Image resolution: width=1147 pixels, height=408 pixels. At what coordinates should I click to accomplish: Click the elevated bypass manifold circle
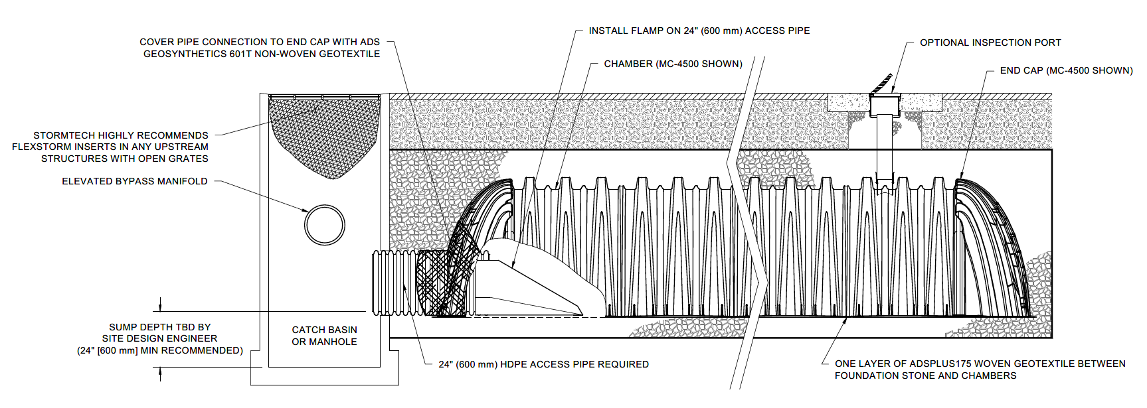(x=324, y=225)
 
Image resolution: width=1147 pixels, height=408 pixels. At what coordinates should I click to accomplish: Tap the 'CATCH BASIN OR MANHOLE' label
(x=324, y=336)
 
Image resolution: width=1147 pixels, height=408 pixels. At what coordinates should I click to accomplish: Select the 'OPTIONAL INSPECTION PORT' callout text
(x=990, y=42)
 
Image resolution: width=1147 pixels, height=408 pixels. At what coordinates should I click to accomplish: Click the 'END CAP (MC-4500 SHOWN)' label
(x=1066, y=70)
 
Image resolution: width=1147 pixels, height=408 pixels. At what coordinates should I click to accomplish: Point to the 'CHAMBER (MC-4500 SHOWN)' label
(x=673, y=64)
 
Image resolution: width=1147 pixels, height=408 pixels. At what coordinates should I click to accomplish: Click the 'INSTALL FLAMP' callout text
(x=699, y=31)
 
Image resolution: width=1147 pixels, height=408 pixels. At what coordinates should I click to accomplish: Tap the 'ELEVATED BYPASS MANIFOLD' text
(x=134, y=181)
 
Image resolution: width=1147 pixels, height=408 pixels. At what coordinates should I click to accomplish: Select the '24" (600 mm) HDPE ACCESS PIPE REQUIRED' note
(x=543, y=364)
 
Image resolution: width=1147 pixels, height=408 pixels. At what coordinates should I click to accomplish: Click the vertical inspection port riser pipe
(x=884, y=149)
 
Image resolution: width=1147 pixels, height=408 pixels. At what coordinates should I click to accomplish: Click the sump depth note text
(x=159, y=338)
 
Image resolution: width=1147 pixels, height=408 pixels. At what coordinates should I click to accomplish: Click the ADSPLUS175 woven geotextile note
(x=980, y=370)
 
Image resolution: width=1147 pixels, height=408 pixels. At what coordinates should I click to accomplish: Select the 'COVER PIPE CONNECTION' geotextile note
(x=260, y=48)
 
